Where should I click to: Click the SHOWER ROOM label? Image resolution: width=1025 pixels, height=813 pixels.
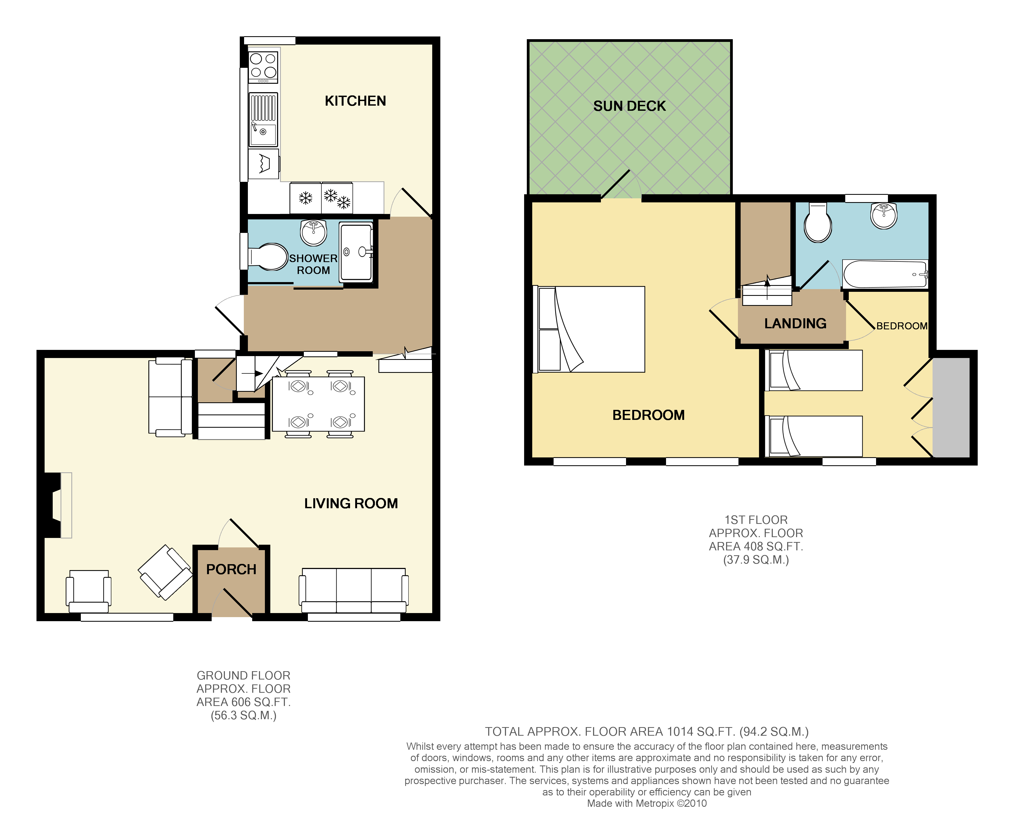click(313, 264)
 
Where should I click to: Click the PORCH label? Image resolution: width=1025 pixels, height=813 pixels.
click(231, 569)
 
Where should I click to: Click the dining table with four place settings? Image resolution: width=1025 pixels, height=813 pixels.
click(318, 404)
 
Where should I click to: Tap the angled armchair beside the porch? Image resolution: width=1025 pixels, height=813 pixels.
click(165, 572)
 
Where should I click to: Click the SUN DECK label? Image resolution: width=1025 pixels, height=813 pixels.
click(630, 106)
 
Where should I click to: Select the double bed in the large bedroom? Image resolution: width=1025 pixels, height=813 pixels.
click(590, 329)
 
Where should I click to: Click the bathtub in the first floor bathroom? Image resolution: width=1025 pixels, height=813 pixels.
click(885, 274)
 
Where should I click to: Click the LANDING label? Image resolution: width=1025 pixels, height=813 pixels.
click(795, 324)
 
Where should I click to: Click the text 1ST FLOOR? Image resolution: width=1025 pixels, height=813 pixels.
click(756, 520)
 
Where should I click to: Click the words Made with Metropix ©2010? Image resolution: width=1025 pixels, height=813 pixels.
click(647, 804)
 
